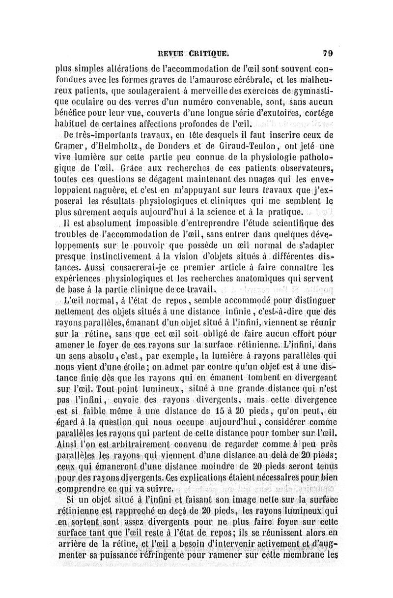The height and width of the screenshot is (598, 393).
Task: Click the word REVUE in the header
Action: point(170,51)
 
